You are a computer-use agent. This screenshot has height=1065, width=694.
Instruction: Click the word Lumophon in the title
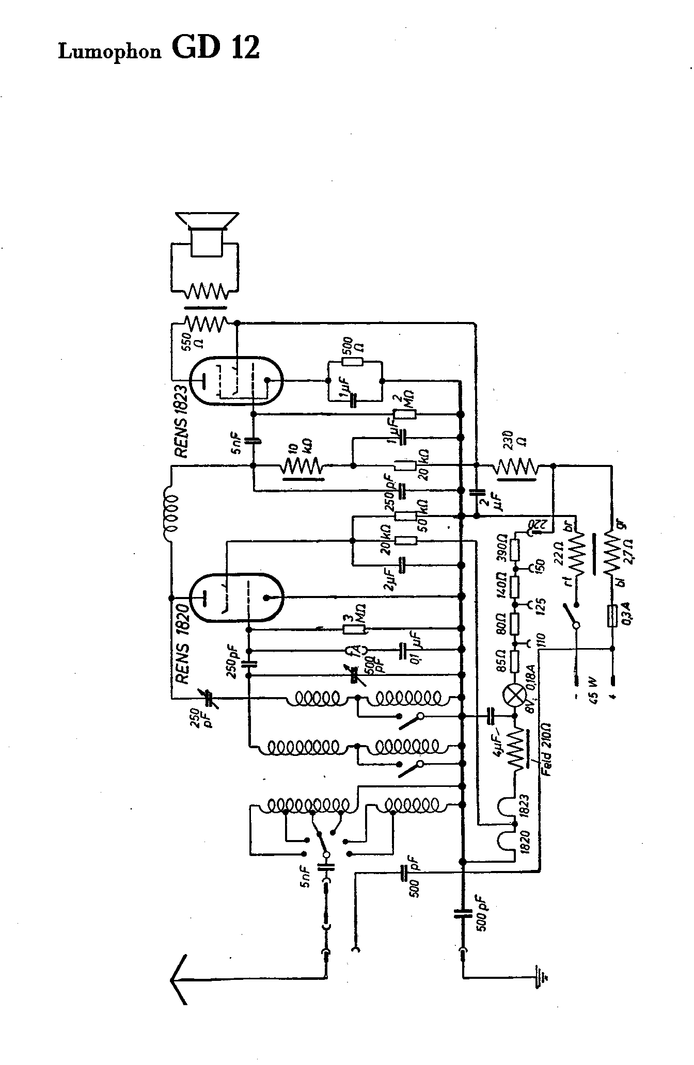[x=109, y=52]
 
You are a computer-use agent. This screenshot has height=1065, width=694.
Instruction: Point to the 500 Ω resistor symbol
[x=355, y=362]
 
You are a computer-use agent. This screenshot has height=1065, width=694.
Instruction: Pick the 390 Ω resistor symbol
[x=515, y=550]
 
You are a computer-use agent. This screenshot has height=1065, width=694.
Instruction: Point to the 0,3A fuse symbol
[x=612, y=616]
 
